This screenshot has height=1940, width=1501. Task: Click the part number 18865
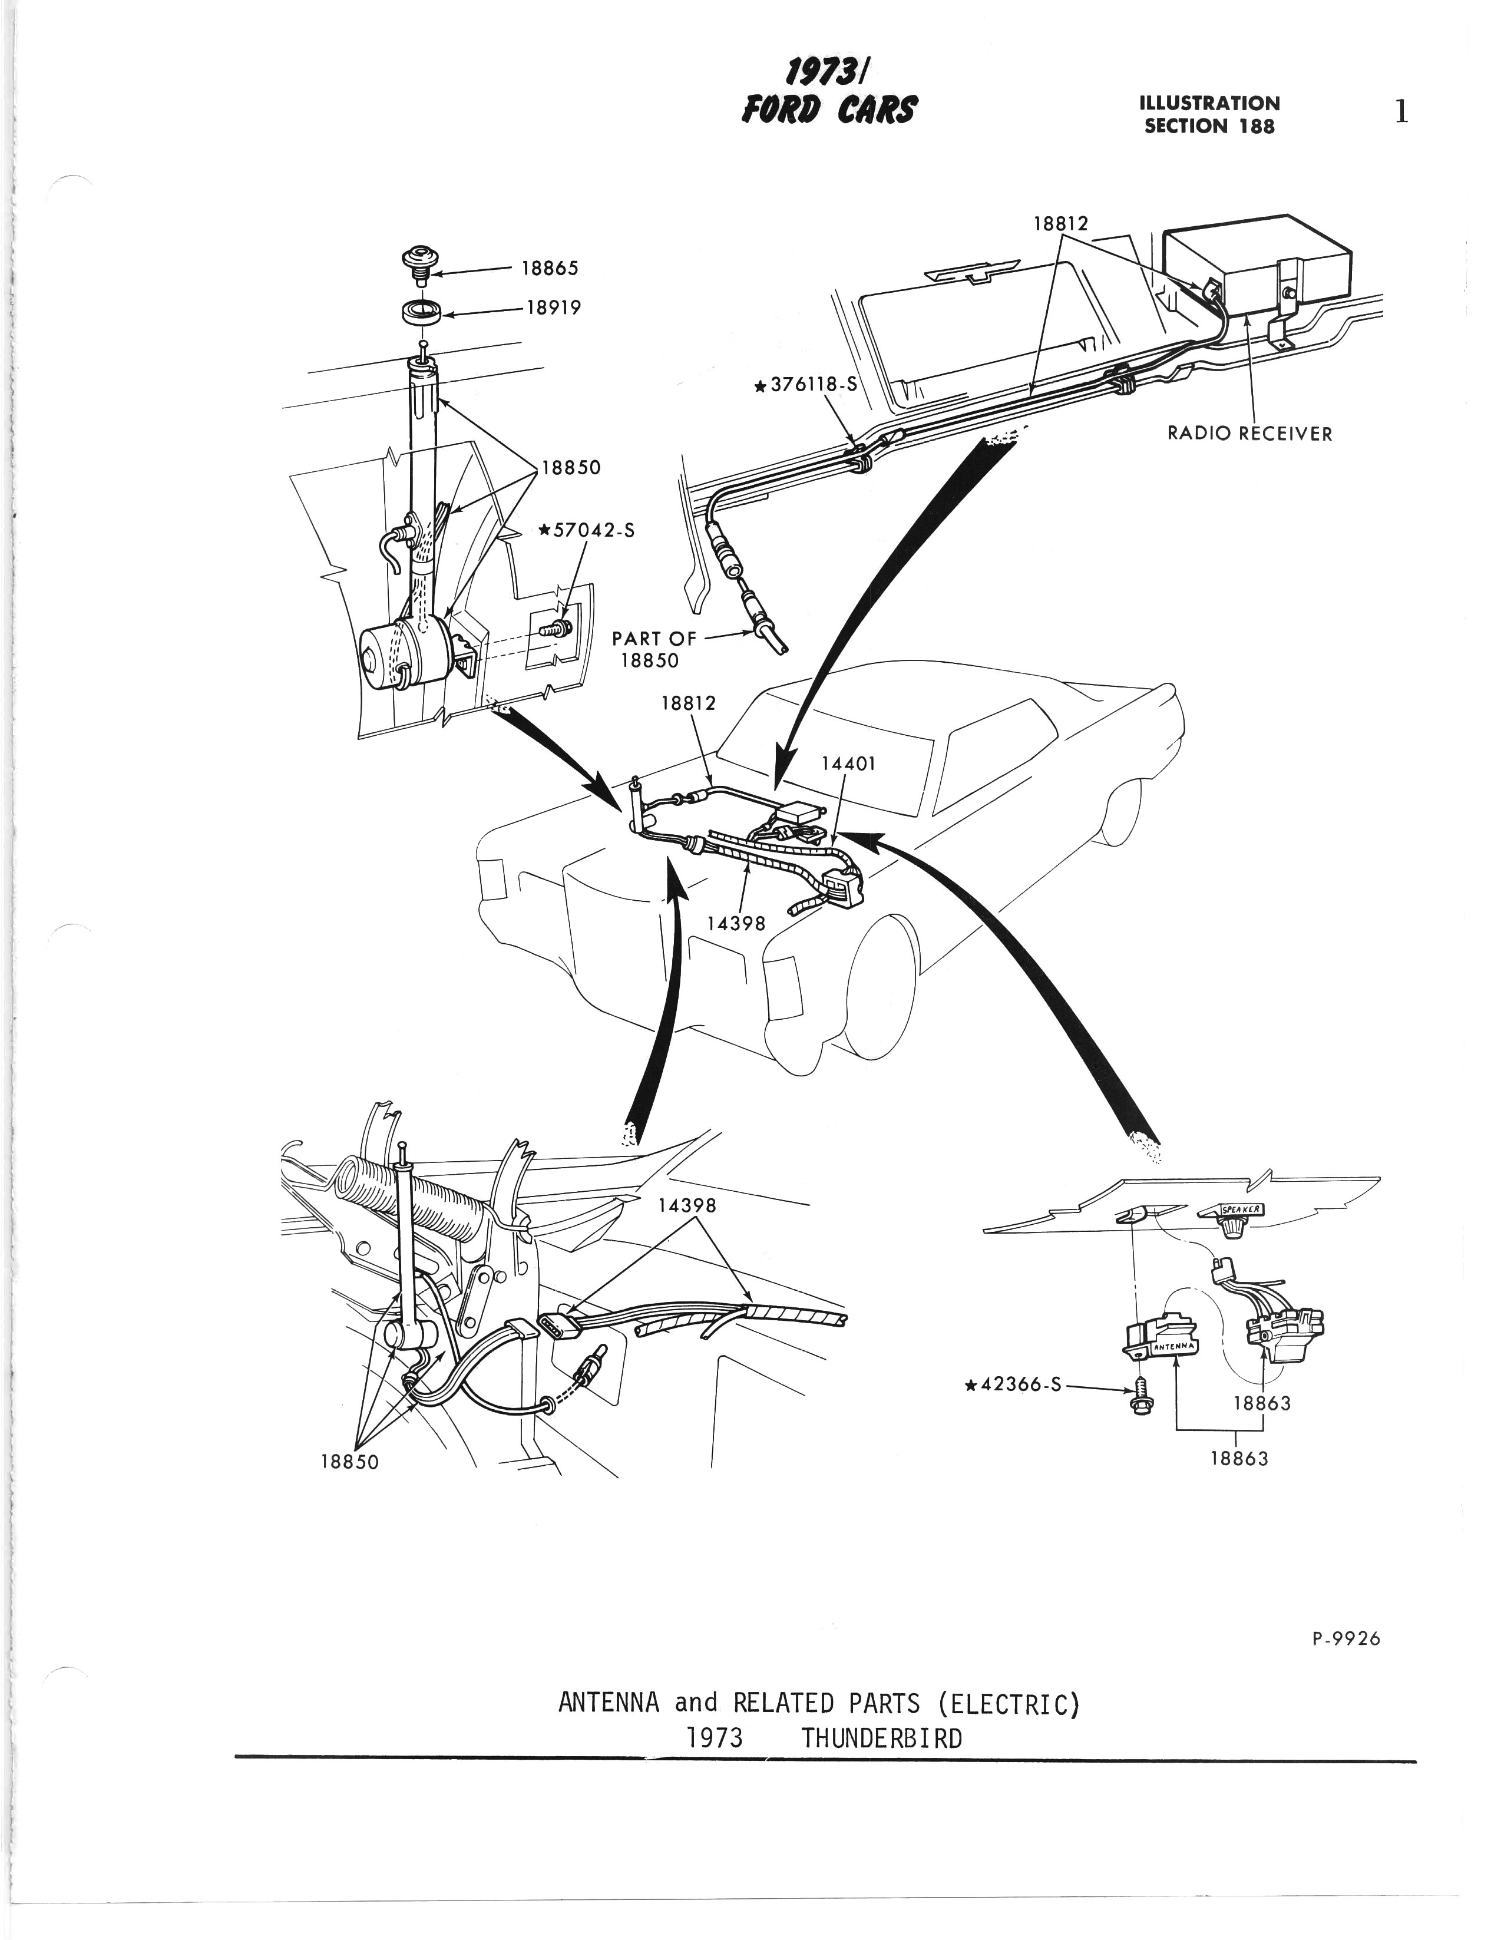click(550, 268)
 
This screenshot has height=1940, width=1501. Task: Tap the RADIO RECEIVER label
click(1249, 434)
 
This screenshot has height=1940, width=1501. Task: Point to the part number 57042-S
click(586, 530)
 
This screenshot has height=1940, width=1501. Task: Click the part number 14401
click(848, 763)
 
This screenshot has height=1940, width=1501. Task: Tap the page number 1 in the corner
click(1401, 113)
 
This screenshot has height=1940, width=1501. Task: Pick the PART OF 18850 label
click(654, 649)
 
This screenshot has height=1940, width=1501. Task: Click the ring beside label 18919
click(421, 313)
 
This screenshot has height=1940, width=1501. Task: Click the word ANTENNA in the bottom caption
click(609, 1703)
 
